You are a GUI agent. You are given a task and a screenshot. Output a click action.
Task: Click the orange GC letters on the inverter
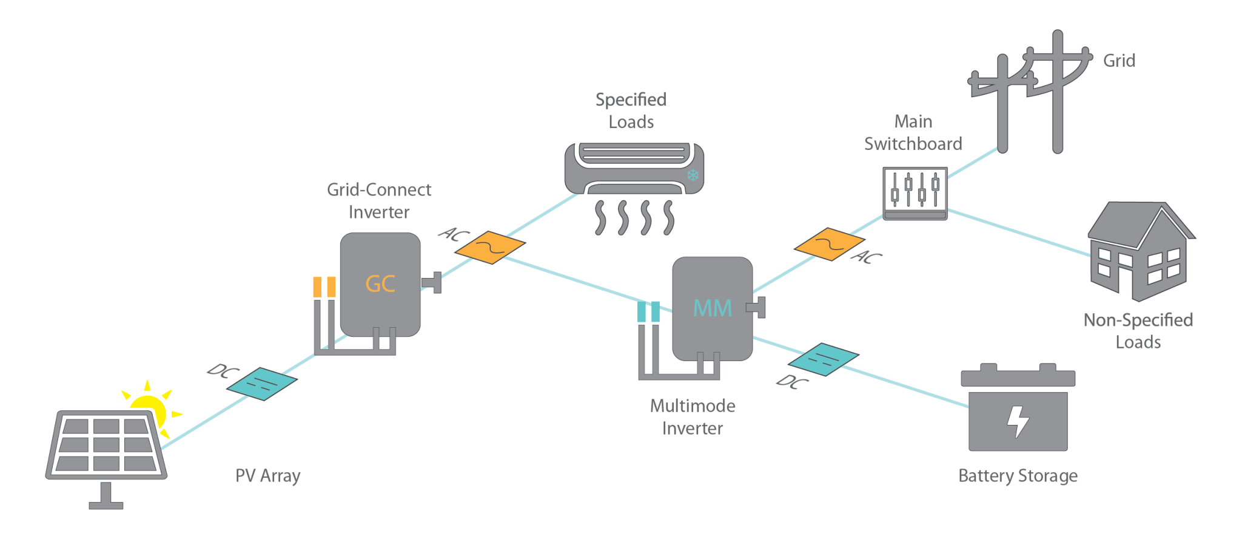coord(380,284)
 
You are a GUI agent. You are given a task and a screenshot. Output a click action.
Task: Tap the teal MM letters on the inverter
coord(713,308)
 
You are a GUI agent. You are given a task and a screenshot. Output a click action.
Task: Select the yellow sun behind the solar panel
coord(150,405)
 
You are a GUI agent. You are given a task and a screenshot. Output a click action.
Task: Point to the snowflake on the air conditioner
coord(693,175)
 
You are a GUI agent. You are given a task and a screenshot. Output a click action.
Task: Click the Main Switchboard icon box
coord(915,192)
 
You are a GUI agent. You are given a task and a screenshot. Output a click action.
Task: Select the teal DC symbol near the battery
coord(824,359)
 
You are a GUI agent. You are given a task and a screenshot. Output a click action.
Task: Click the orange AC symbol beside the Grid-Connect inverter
coord(490,246)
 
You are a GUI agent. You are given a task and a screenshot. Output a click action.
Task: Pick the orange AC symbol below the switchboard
coord(828,244)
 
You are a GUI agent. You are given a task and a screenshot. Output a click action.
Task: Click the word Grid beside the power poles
coord(1118,61)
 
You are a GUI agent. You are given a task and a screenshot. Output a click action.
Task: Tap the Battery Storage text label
coord(1018,476)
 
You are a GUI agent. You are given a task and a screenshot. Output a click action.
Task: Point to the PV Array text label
coord(267,475)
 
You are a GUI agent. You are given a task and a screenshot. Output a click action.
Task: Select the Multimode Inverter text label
coord(693,417)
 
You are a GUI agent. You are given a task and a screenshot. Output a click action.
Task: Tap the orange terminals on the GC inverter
coord(324,286)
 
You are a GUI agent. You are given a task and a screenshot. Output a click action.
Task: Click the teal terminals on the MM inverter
coord(648,312)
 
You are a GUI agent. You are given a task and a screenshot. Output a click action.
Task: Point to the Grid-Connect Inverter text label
coord(379,201)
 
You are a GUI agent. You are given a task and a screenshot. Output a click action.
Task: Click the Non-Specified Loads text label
coord(1138,331)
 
